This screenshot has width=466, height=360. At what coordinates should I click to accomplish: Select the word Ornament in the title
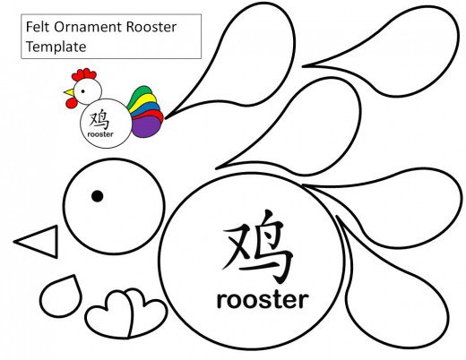(88, 27)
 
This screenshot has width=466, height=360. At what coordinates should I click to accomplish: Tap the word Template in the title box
(56, 47)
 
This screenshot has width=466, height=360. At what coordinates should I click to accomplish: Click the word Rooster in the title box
(151, 27)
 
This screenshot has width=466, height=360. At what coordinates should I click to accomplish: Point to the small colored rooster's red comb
(83, 74)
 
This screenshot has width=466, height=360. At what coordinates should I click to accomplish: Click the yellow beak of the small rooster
(69, 92)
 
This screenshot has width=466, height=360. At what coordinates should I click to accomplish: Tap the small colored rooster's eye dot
(82, 91)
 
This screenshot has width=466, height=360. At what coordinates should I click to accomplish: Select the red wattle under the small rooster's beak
(71, 103)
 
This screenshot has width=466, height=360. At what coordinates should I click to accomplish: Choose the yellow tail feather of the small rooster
(145, 100)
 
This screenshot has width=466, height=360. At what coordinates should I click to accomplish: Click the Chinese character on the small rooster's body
(99, 119)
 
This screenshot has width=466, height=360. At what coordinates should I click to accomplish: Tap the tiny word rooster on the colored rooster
(100, 134)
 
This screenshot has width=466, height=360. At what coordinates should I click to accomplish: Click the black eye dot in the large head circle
(98, 196)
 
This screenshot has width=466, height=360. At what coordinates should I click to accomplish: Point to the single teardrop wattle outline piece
(61, 296)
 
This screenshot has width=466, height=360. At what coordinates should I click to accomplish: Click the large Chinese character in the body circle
(257, 246)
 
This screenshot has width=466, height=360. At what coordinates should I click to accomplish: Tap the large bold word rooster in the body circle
(263, 300)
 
